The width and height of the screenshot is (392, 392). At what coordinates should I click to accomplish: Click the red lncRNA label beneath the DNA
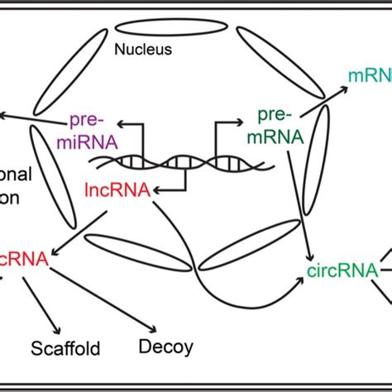click(117, 190)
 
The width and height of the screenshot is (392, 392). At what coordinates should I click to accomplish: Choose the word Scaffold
click(65, 348)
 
